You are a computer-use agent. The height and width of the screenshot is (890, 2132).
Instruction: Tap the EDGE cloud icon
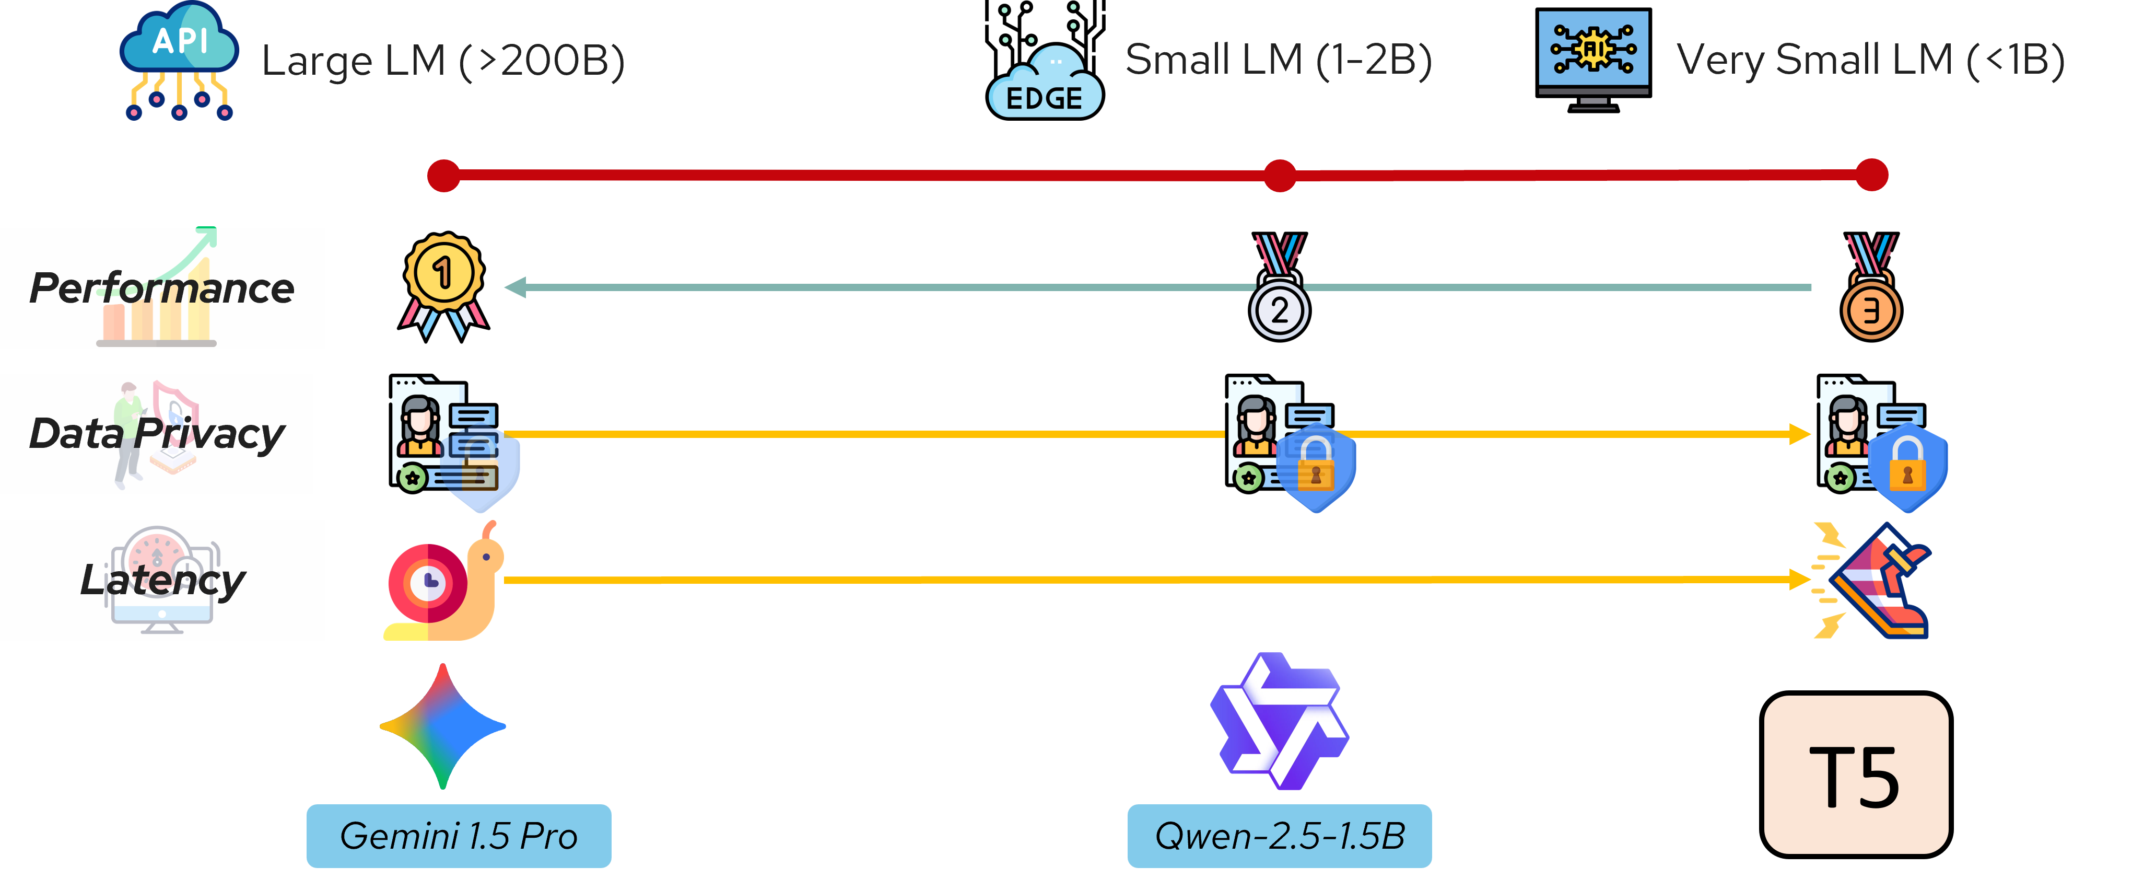pyautogui.click(x=1045, y=83)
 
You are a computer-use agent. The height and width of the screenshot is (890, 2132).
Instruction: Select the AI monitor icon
pyautogui.click(x=1593, y=58)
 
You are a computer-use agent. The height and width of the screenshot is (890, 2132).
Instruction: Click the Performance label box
pyautogui.click(x=162, y=288)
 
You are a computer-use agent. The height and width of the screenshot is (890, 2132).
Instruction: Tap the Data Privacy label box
pyautogui.click(x=156, y=434)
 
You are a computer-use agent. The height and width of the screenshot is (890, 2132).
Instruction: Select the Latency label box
pyautogui.click(x=162, y=580)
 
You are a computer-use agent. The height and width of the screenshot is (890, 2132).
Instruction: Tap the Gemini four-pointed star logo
pyautogui.click(x=443, y=726)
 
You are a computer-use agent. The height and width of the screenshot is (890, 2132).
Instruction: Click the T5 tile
pyautogui.click(x=1856, y=774)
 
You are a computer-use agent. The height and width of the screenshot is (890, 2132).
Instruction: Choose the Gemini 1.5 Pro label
pyautogui.click(x=459, y=835)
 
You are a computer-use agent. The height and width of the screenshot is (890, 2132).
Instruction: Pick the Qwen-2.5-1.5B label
pyautogui.click(x=1280, y=835)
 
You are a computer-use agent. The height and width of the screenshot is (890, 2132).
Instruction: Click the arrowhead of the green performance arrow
pyautogui.click(x=516, y=287)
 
